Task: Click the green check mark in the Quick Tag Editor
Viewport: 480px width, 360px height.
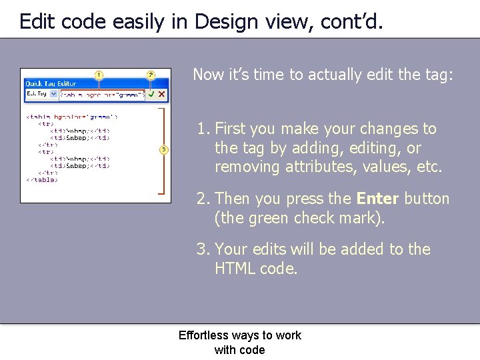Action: click(151, 95)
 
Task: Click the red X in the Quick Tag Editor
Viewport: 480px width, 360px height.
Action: click(161, 95)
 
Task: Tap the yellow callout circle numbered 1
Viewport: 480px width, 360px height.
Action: click(99, 75)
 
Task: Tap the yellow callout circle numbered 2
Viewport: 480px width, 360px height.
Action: click(151, 75)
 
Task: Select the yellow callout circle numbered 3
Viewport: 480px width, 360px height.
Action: click(164, 149)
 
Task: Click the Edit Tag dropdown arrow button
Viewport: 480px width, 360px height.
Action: click(53, 95)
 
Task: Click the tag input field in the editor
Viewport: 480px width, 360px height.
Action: click(102, 95)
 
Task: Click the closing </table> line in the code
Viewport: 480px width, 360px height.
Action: click(42, 179)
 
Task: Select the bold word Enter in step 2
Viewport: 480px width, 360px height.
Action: click(377, 199)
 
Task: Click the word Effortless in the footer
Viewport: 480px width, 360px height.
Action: click(203, 335)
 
